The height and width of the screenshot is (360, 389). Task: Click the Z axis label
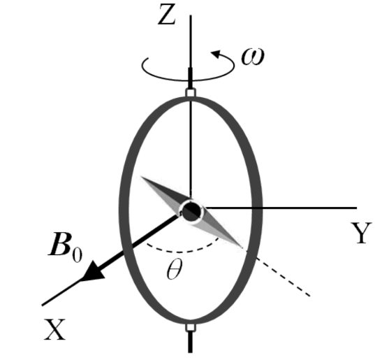point(167,15)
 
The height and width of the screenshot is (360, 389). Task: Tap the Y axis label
point(361,233)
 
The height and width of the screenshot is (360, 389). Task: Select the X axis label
point(55,329)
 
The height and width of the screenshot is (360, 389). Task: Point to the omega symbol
point(253,57)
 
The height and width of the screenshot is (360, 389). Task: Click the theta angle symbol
point(175,269)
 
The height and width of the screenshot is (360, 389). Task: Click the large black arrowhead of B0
point(94,272)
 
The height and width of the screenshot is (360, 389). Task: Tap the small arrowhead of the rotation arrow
point(216,54)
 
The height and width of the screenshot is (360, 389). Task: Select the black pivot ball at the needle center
point(191,212)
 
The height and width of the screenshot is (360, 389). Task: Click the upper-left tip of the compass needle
point(141,177)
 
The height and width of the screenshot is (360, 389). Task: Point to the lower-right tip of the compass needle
point(242,247)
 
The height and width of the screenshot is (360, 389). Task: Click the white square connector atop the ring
point(191,92)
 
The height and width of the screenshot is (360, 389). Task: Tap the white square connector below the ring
point(191,328)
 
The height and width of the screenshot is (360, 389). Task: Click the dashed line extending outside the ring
point(283,277)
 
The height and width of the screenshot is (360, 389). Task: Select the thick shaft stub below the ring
point(190,342)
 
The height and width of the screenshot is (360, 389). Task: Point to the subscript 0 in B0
point(77,254)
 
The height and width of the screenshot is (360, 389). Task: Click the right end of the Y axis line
point(357,208)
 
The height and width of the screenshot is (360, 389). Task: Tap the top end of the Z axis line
point(191,15)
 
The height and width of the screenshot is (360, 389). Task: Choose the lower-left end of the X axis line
point(42,305)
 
